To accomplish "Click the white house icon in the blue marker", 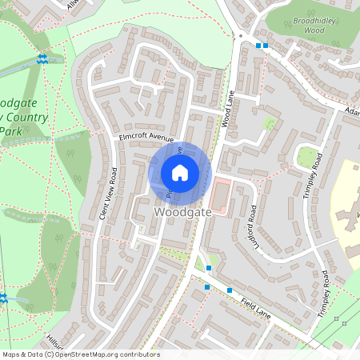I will click(180, 173).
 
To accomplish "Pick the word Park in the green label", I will click(10, 130).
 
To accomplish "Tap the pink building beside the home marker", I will click(220, 196).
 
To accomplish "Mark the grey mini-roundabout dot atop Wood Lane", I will click(240, 36).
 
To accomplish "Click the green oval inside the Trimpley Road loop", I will click(306, 157).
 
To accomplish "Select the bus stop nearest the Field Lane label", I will click(230, 290).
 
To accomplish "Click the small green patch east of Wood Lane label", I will click(270, 124).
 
